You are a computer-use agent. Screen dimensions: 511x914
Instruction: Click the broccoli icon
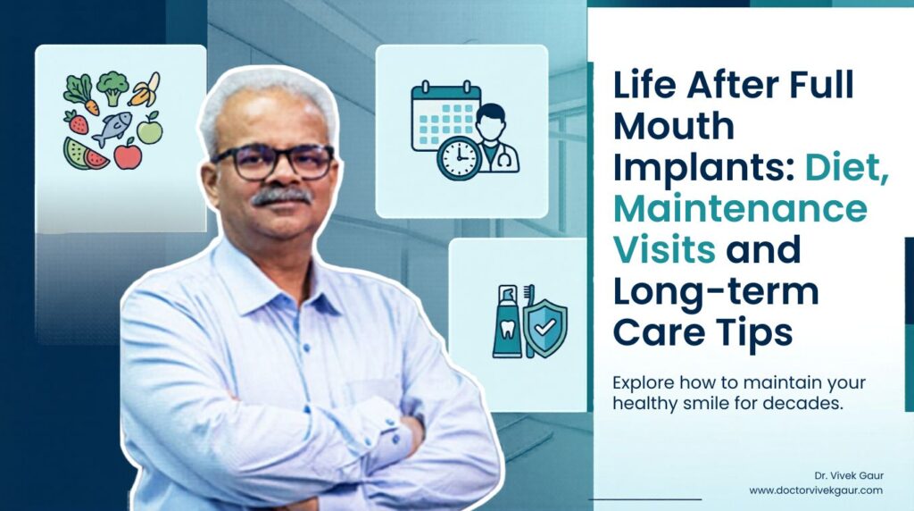tap(113, 88)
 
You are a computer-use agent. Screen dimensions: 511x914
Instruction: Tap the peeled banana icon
tap(144, 88)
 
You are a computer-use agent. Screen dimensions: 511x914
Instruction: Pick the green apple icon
tap(149, 127)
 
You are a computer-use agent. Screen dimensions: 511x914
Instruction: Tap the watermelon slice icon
tap(85, 154)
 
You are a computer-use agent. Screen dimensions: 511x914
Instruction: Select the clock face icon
tap(458, 159)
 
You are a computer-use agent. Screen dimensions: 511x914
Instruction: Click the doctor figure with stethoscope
tap(495, 140)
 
